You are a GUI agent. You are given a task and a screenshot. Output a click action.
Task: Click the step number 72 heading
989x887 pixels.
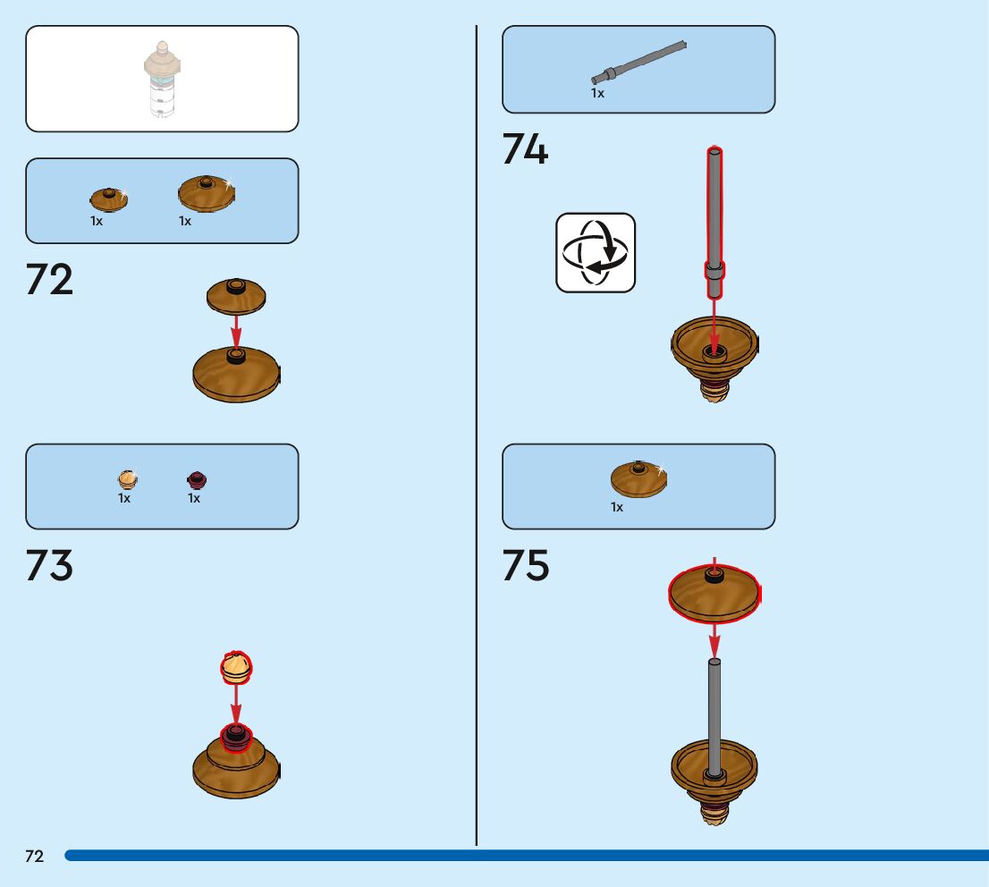(49, 280)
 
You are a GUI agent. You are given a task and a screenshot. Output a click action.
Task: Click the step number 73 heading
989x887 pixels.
(49, 566)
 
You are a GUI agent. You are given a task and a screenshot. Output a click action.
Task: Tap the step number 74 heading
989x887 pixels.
(525, 149)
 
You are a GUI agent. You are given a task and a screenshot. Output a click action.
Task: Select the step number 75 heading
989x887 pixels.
(525, 566)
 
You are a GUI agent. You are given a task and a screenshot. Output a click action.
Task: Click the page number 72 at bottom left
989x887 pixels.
(34, 857)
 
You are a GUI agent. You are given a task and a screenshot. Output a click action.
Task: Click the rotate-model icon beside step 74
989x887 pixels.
(596, 252)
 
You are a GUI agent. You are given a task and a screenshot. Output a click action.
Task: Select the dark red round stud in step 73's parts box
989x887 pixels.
(197, 480)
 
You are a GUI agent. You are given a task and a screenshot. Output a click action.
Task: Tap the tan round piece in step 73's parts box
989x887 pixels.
(127, 480)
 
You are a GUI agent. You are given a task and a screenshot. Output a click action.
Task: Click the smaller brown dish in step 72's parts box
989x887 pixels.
(109, 199)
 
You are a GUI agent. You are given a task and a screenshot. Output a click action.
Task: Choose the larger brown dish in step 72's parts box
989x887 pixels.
(206, 193)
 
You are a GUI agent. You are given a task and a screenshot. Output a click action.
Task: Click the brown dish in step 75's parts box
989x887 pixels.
(638, 480)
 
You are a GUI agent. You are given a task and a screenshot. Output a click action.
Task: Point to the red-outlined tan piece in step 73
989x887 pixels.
(236, 667)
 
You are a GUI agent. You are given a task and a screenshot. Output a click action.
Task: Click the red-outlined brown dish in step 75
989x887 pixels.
(714, 593)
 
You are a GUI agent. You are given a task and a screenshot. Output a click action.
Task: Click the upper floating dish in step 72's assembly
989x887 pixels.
(236, 296)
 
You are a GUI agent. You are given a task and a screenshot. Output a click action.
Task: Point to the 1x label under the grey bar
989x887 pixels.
(597, 93)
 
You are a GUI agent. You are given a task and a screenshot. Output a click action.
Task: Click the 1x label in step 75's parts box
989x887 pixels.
(617, 507)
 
